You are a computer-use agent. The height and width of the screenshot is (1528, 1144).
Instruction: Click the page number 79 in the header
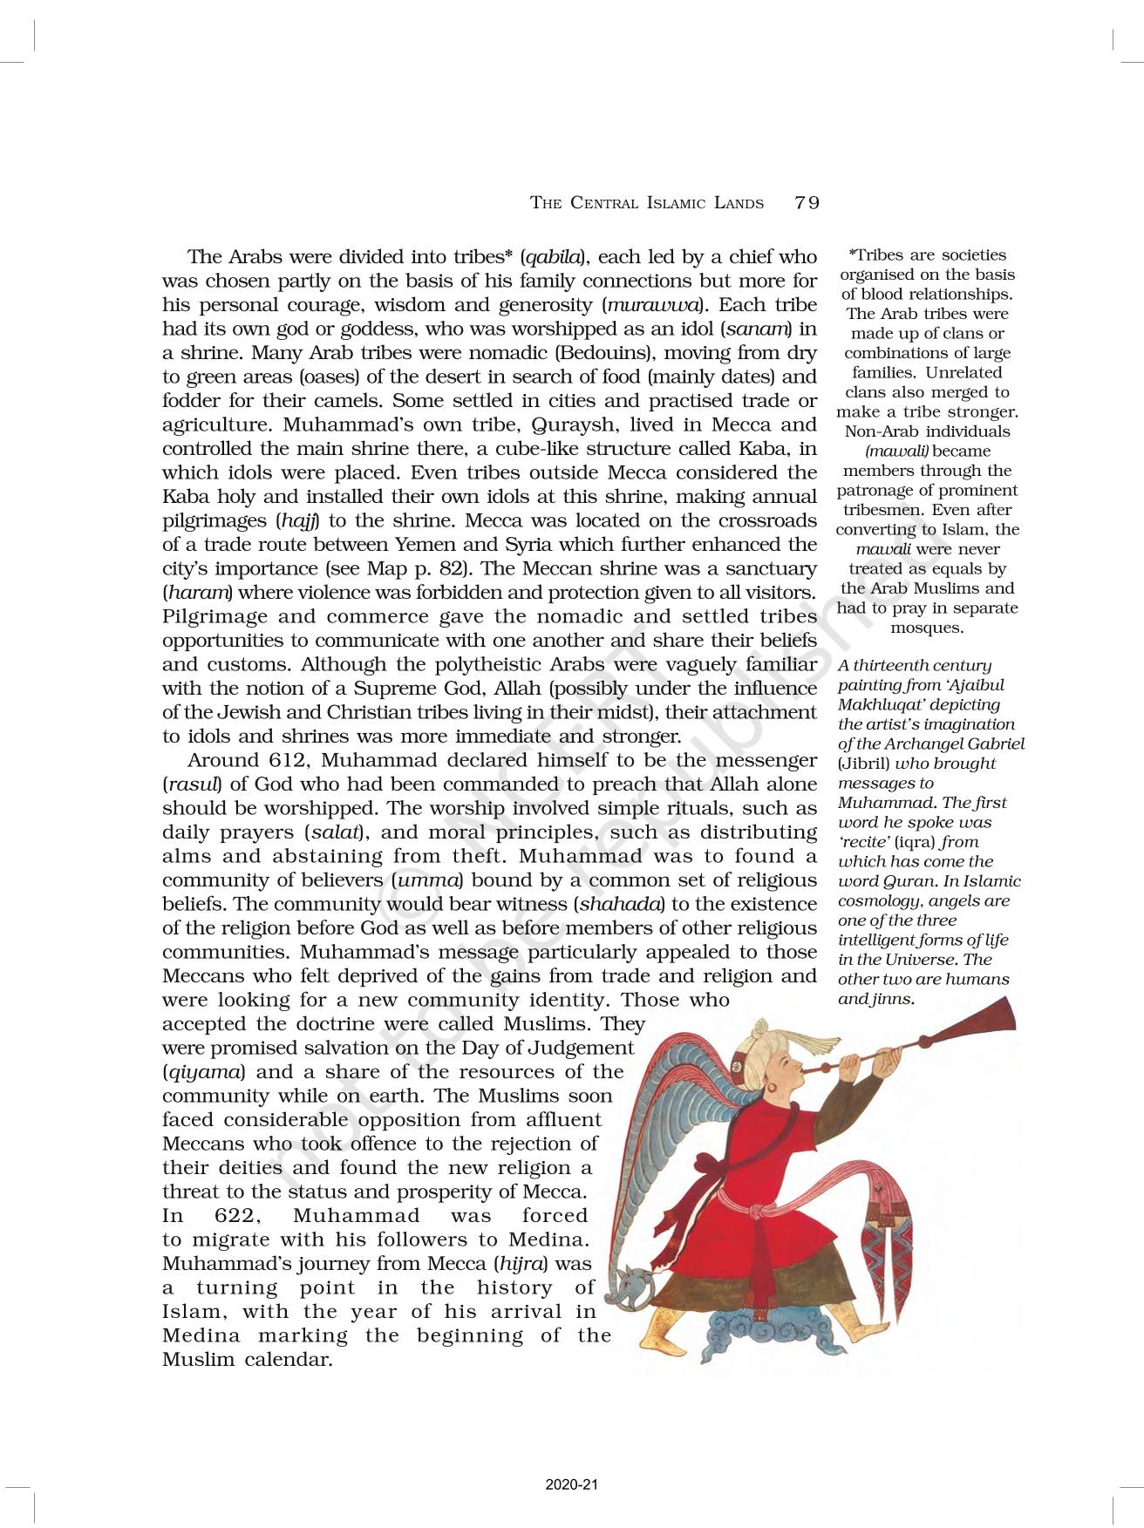(x=807, y=203)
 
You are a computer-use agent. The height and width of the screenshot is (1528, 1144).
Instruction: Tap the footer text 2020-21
(x=572, y=1484)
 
